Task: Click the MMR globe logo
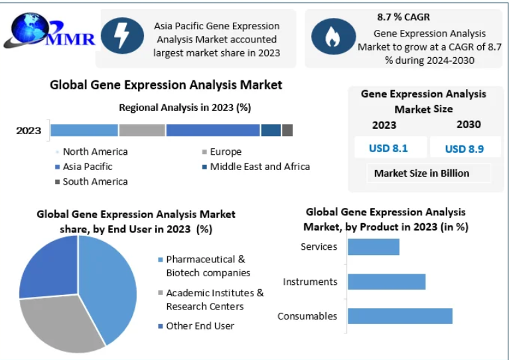click(49, 31)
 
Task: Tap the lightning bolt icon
click(122, 36)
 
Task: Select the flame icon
click(333, 37)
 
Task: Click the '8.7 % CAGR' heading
click(403, 17)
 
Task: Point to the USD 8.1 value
click(388, 148)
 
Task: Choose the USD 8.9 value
click(464, 149)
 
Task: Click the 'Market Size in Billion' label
click(421, 173)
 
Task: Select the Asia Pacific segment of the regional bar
click(213, 130)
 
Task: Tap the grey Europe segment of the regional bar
click(142, 130)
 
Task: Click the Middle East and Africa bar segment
click(271, 130)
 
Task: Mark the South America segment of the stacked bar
click(287, 130)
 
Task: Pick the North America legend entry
click(92, 151)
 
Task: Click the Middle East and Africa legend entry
click(255, 167)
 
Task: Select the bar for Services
click(374, 247)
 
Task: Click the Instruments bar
click(387, 282)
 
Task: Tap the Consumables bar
click(400, 316)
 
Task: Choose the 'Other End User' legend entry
click(196, 326)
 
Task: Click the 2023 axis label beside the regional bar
click(29, 131)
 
